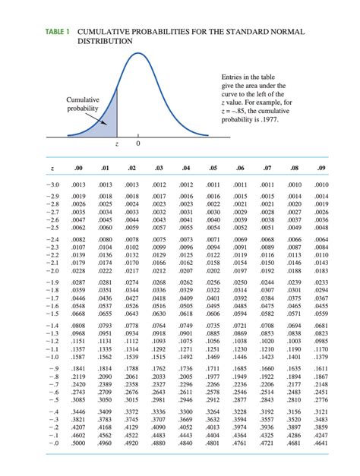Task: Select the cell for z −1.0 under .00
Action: [x=77, y=358]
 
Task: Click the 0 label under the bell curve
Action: [x=138, y=143]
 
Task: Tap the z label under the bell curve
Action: [x=116, y=143]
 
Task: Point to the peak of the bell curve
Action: [x=138, y=54]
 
